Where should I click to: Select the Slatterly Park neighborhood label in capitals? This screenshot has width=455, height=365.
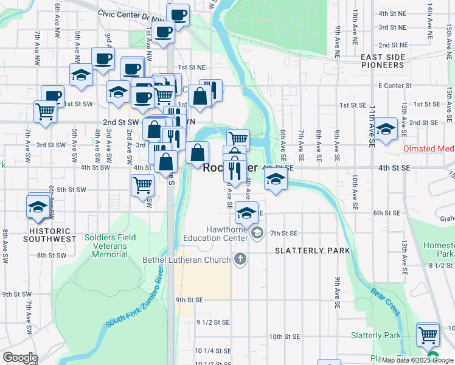click(x=312, y=251)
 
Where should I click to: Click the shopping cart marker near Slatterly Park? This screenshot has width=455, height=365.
click(x=428, y=334)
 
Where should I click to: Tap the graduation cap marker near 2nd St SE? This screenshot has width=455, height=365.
click(x=385, y=130)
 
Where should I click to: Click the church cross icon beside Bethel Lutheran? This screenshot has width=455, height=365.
click(x=240, y=260)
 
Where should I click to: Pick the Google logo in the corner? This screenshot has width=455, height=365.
click(x=19, y=358)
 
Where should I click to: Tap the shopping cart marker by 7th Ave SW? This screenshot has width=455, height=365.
click(x=46, y=111)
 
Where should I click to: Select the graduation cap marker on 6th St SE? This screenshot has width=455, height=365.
click(x=246, y=214)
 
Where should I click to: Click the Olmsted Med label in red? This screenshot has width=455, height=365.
click(x=429, y=148)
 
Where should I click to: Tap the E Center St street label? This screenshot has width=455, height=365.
click(x=395, y=86)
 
